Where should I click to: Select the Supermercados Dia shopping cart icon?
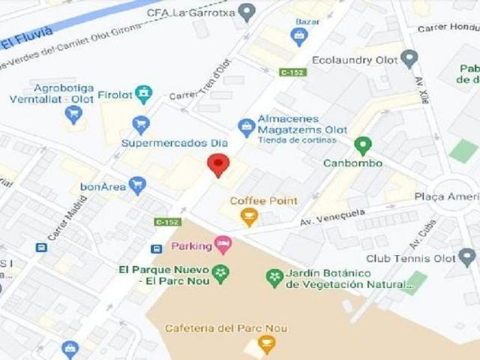click(x=140, y=124)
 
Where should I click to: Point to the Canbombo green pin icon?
click(x=363, y=145)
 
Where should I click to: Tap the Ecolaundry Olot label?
click(x=356, y=58)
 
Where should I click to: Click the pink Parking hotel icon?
click(x=222, y=244)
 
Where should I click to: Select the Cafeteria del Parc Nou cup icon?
click(x=265, y=344)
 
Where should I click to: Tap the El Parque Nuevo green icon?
click(x=220, y=274)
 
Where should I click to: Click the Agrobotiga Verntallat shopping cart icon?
click(x=73, y=114)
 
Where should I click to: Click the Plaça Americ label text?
click(x=446, y=196)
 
